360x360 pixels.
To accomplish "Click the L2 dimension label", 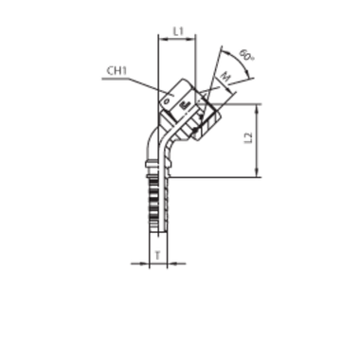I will (246, 138).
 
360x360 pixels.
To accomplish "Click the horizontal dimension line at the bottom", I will (159, 261).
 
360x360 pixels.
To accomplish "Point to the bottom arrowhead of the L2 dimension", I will (256, 174).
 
